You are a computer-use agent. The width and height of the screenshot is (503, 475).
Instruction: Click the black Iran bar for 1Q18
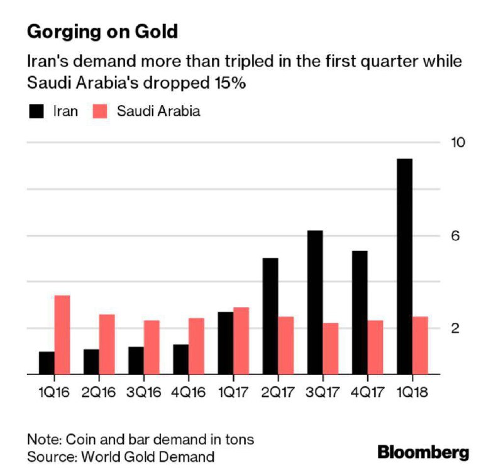[x=404, y=266]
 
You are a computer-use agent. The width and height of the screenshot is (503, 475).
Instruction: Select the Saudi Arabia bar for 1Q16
[x=62, y=335]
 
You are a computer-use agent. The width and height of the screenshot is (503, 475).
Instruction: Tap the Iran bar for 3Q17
[x=315, y=303]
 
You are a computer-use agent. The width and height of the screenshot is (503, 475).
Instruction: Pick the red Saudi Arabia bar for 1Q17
[x=241, y=341]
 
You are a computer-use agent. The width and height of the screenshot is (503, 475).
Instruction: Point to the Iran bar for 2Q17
[x=270, y=316]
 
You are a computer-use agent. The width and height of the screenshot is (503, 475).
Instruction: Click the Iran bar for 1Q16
[x=47, y=363]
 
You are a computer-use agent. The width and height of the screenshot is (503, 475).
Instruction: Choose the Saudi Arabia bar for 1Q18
[x=420, y=345]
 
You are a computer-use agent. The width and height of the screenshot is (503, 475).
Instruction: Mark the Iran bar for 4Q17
[x=360, y=313]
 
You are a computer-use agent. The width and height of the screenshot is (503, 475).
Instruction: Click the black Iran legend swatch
[x=36, y=111]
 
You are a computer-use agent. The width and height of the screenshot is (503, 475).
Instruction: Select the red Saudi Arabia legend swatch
[x=100, y=111]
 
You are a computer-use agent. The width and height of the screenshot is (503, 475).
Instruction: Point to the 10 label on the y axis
[x=458, y=142]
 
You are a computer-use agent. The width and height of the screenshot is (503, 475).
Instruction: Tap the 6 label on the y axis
[x=455, y=236]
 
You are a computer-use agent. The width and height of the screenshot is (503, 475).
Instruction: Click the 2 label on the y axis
[x=455, y=328]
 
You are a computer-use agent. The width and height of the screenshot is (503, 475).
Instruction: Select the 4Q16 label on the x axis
[x=188, y=392]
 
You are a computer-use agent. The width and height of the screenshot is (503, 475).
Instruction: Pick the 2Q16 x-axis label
[x=99, y=392]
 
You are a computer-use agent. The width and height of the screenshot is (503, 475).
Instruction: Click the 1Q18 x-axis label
[x=412, y=392]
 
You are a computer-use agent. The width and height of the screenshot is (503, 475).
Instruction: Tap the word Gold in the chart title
[x=156, y=32]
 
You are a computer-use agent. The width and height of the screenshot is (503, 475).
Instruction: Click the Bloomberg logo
[x=423, y=452]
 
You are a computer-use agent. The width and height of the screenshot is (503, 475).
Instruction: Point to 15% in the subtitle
[x=230, y=83]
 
